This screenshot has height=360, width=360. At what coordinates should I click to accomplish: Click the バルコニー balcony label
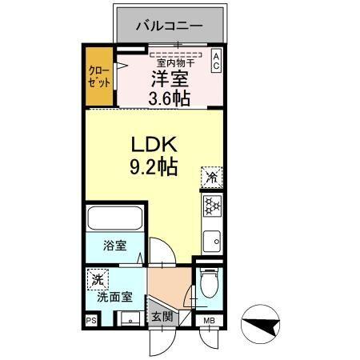click(168, 26)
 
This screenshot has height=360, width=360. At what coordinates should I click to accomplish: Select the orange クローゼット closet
click(100, 78)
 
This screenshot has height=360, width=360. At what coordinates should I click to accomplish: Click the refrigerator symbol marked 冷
click(212, 175)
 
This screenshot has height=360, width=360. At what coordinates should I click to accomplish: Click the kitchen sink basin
click(214, 239)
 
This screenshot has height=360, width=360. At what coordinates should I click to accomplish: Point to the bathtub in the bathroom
click(114, 219)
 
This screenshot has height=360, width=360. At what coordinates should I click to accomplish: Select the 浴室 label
click(114, 246)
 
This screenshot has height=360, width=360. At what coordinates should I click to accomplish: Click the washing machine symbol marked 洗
click(97, 280)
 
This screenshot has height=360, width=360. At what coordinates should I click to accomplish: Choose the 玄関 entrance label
click(162, 317)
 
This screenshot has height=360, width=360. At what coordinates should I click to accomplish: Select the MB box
click(209, 321)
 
